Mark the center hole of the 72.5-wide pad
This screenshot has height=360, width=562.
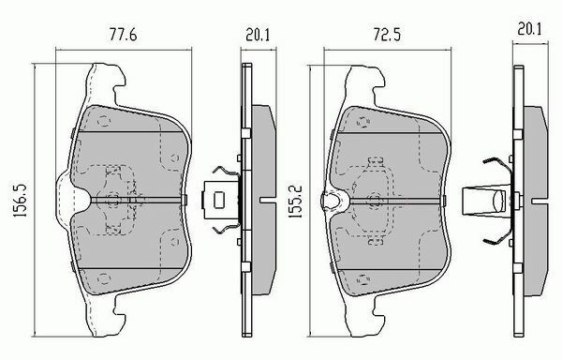(x=377, y=199)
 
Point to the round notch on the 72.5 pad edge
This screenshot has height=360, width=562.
(x=331, y=198)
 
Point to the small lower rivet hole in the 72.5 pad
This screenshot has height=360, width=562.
(x=360, y=275)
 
